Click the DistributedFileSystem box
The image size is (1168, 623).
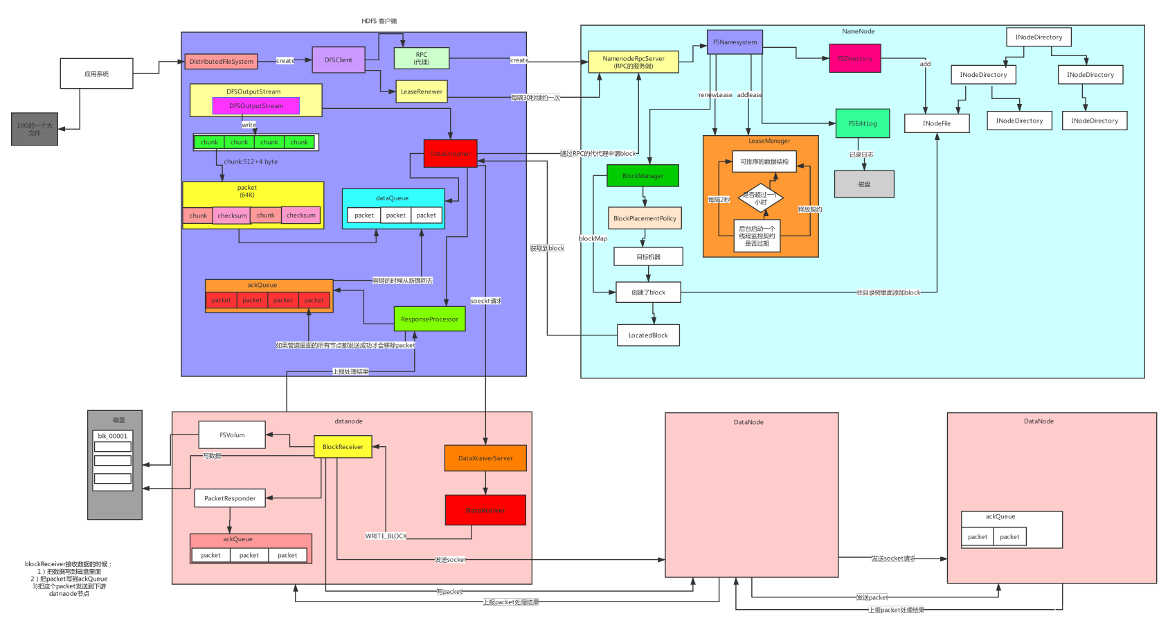pos(221,62)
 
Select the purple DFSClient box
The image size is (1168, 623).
pos(338,60)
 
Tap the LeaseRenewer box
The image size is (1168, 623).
pos(421,91)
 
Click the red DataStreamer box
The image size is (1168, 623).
pos(450,154)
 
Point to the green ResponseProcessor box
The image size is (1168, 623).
pos(429,319)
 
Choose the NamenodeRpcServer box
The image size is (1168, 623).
pos(633,62)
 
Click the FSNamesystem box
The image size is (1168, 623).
pos(735,42)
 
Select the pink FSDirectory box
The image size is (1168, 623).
pos(855,59)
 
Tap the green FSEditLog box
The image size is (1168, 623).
pos(862,123)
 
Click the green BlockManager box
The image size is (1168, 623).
pos(643,176)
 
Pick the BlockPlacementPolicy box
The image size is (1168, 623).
pos(645,218)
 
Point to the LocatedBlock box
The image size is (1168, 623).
pos(648,335)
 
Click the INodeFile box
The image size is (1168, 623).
pos(936,123)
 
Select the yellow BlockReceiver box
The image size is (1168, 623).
pos(343,447)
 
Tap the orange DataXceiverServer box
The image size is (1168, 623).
pos(485,458)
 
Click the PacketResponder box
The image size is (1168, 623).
pos(230,498)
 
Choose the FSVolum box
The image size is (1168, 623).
pos(232,435)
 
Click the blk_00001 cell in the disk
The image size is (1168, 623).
pos(113,436)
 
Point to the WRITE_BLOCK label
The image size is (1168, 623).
pos(386,536)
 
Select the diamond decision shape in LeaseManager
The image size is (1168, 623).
pos(760,198)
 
